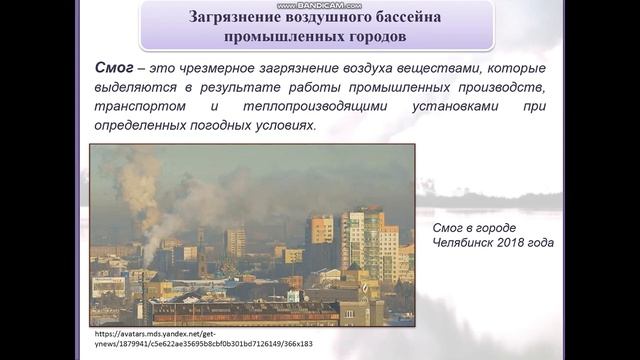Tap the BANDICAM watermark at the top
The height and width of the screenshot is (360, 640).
click(320, 5)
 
